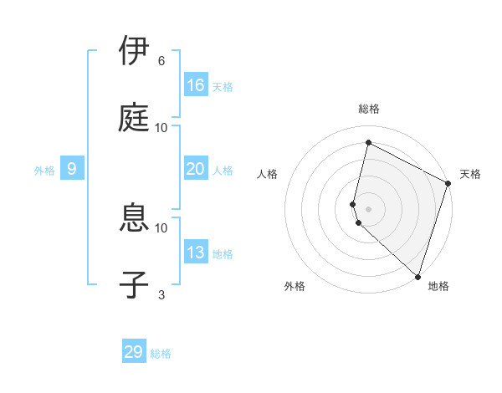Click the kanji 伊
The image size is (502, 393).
tap(136, 52)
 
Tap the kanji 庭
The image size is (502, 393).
tap(136, 117)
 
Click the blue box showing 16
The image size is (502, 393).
tap(196, 85)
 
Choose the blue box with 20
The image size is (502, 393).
tap(196, 169)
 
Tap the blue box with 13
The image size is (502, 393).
tap(196, 253)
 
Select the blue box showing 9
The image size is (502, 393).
tap(72, 169)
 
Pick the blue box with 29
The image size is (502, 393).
tap(134, 352)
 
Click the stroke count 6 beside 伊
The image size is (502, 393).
tap(161, 61)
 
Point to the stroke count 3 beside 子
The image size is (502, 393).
tap(161, 293)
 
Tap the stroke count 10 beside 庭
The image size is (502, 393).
tap(161, 127)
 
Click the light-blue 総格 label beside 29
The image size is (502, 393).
tap(161, 354)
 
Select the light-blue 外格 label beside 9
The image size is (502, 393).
tap(44, 171)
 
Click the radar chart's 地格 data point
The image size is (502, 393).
tap(417, 276)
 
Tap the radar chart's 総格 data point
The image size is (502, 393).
tap(368, 143)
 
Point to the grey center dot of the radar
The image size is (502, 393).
tap(368, 208)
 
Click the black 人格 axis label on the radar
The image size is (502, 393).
tap(268, 174)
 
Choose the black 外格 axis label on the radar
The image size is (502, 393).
tap(295, 286)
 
